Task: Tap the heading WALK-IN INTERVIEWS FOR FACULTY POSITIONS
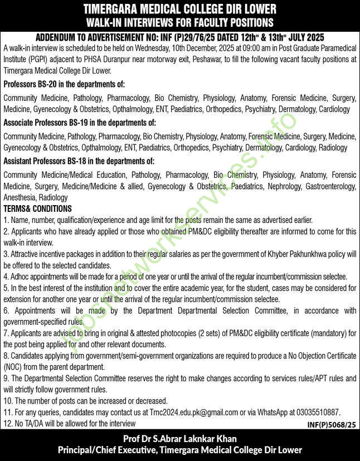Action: point(179,23)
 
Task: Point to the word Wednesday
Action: point(189,49)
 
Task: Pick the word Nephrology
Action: point(287,186)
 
